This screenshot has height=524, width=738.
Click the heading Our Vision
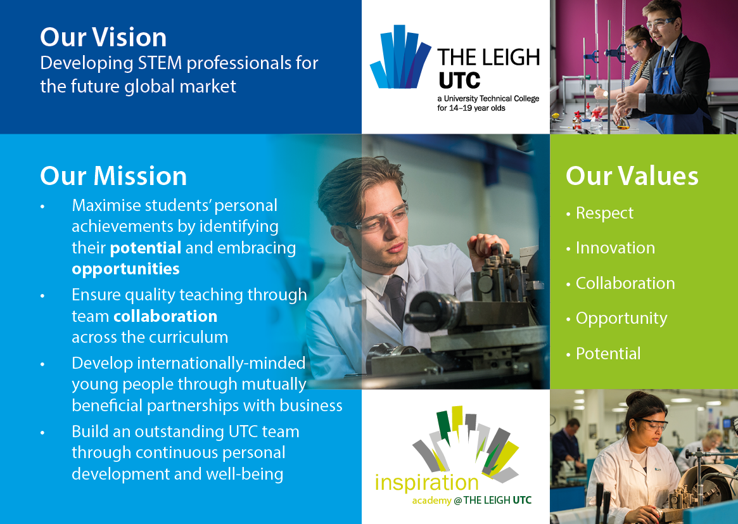pos(103,38)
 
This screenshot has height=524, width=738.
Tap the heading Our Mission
pos(113,176)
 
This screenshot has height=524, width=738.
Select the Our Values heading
pos(632,176)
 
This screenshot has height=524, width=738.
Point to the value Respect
pos(604,214)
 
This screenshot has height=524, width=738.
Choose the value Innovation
pos(615,248)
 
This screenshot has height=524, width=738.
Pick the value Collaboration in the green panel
pos(625,283)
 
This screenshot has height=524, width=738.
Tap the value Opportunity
pos(621,318)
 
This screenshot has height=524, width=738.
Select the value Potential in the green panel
pos(608,354)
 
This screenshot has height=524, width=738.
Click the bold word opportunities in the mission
pos(125,269)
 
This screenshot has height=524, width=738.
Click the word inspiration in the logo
pos(426,483)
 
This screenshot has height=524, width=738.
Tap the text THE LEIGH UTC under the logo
pos(498,501)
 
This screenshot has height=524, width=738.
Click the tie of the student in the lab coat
pos(397,298)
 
